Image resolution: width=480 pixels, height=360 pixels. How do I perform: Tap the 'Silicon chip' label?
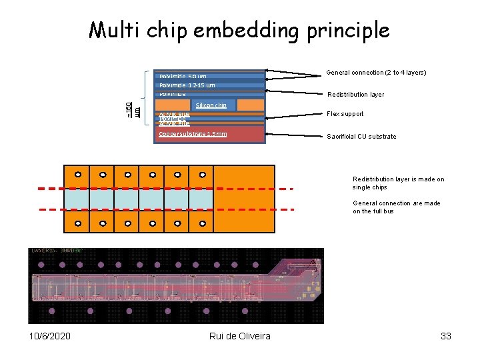coord(211,105)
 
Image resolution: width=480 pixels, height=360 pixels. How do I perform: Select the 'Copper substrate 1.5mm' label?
coord(193,134)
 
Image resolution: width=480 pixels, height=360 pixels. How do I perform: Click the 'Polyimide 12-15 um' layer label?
coord(187,85)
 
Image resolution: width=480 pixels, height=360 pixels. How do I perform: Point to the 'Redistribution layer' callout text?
coord(355,95)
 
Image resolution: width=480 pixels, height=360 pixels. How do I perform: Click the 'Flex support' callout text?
coord(345,114)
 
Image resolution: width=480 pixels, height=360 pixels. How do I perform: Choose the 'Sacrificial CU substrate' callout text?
coord(361,137)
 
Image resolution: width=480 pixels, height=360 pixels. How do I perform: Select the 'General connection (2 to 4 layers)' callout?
coord(376,73)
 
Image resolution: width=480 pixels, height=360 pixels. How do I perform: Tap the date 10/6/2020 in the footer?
coord(50,336)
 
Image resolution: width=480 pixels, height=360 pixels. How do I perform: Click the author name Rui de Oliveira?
coord(239,336)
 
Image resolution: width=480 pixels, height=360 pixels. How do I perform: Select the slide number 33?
coord(446,336)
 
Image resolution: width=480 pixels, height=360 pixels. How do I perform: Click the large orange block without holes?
coord(245,199)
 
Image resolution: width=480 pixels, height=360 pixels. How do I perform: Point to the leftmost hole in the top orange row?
coord(77,175)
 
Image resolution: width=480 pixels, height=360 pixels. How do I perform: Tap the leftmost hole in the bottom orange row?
coord(77,223)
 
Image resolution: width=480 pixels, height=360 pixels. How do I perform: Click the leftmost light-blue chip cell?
coord(77,199)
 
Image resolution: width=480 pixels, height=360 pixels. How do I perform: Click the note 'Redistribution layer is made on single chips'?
coord(398,183)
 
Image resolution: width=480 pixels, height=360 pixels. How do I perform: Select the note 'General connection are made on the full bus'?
coord(396,207)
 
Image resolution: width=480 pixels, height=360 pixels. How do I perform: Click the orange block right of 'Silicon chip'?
coord(251,105)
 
